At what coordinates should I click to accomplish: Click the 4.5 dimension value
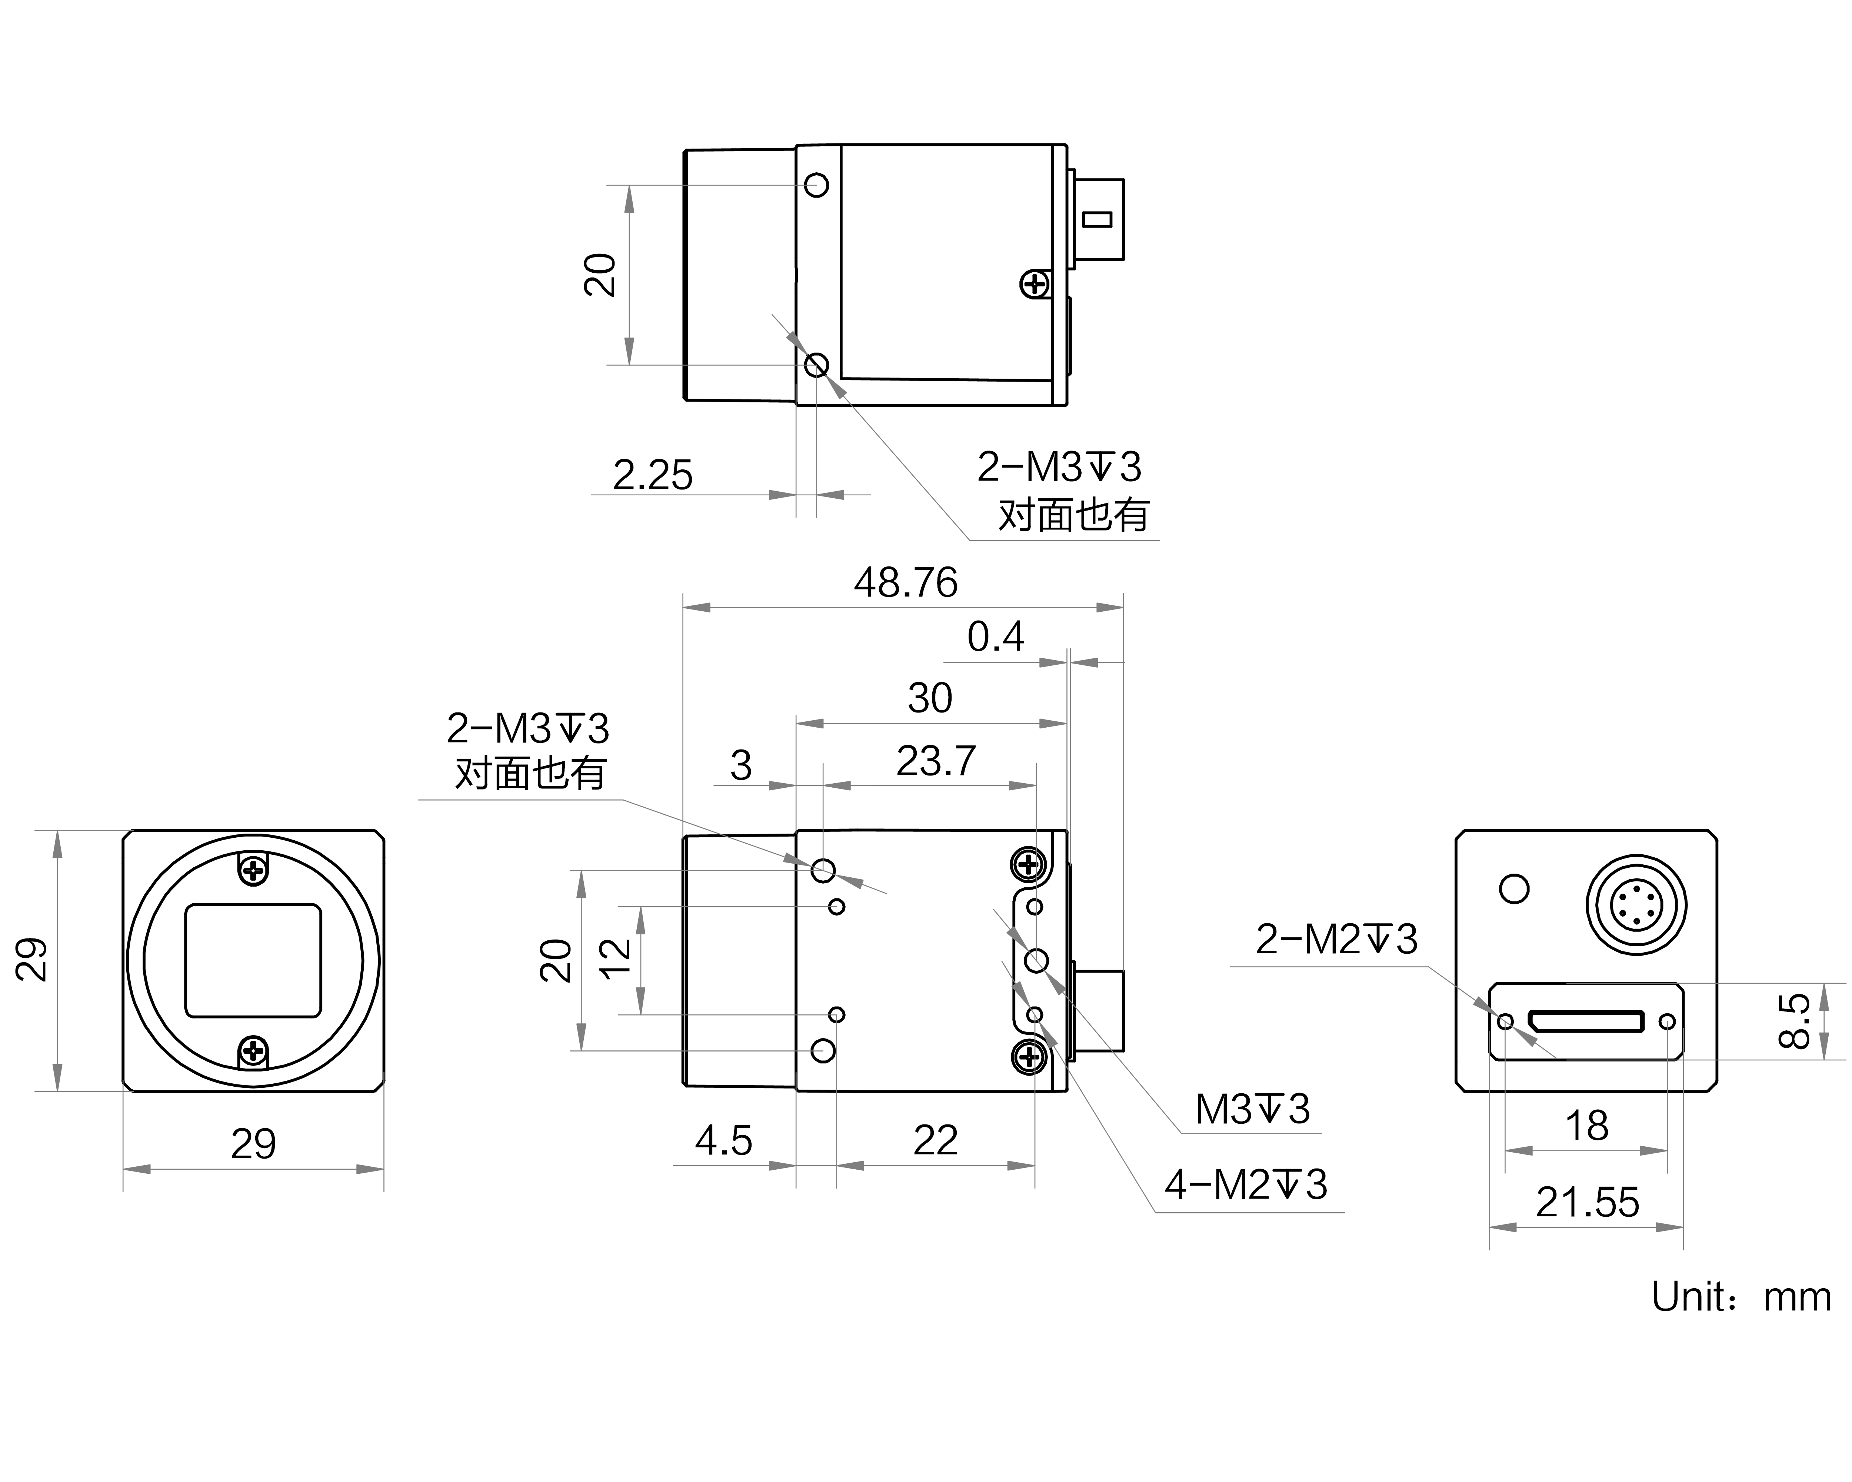[x=723, y=1141]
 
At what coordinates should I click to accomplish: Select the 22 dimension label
[x=935, y=1141]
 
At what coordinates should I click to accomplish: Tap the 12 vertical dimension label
[x=615, y=960]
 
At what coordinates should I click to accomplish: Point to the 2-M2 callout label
[x=1336, y=939]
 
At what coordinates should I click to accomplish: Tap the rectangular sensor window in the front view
[x=253, y=960]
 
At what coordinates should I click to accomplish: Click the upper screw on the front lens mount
[x=253, y=871]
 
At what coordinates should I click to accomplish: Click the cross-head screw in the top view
[x=1035, y=285]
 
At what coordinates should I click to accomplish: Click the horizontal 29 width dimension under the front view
[x=253, y=1144]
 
